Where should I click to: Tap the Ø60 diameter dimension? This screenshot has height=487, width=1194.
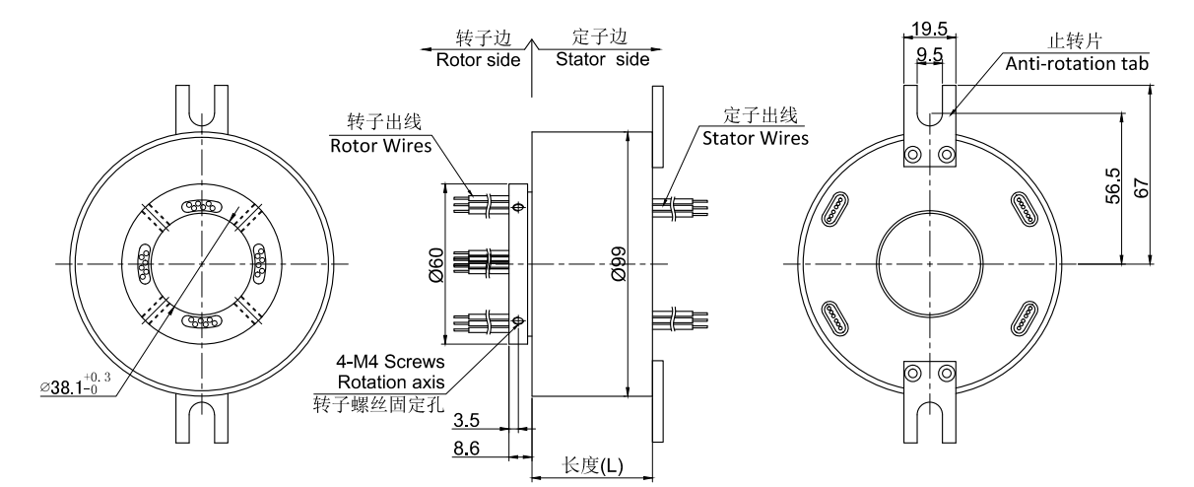click(x=436, y=265)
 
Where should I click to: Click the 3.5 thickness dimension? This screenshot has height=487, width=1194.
click(x=467, y=421)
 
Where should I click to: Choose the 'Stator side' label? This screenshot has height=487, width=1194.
click(x=602, y=58)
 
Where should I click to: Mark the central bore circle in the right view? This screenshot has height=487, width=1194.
click(x=927, y=264)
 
